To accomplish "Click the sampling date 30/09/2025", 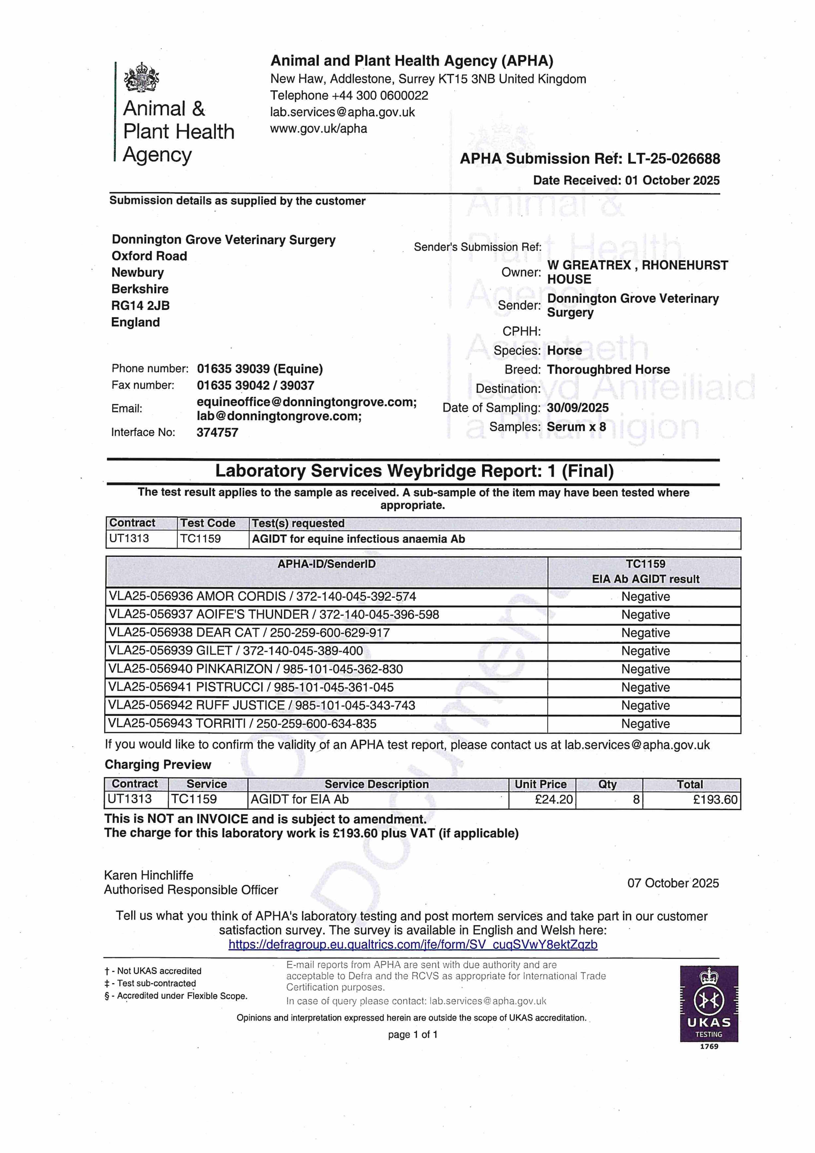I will tap(578, 408).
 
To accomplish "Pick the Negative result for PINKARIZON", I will tap(645, 669).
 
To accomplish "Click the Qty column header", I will tap(608, 785).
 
